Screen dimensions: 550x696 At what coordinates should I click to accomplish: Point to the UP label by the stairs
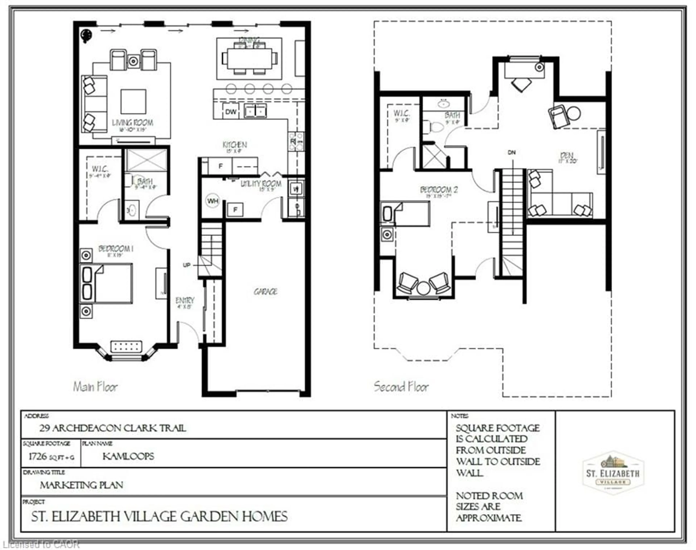(187, 265)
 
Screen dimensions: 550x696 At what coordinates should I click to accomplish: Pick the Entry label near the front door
(185, 300)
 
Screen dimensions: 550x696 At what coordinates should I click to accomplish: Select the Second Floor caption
(401, 387)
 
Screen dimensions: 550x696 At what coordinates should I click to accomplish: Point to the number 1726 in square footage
(38, 456)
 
